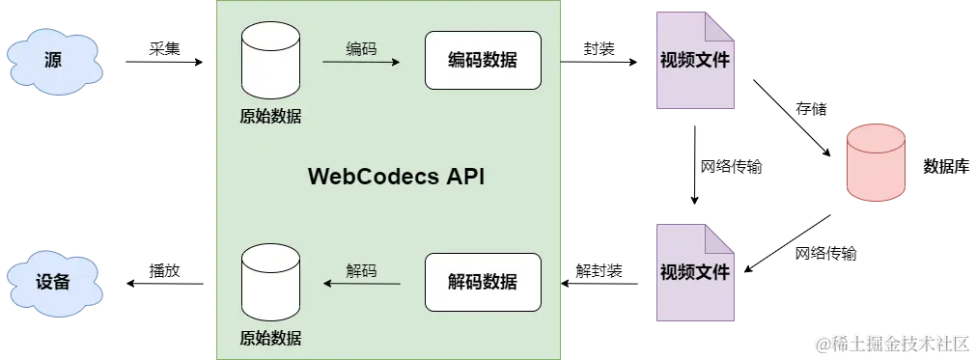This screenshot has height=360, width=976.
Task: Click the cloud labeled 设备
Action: [55, 282]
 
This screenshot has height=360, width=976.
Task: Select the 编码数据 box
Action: [483, 61]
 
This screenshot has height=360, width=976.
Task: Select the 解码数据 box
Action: [483, 282]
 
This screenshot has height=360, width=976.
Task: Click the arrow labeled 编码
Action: [360, 63]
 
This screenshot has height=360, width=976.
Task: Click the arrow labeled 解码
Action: [360, 283]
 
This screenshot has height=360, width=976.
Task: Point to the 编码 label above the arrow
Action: [361, 48]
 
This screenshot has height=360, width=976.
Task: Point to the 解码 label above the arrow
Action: [361, 270]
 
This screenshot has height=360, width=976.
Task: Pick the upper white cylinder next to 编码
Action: [270, 60]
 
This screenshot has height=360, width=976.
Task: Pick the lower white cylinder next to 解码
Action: [270, 282]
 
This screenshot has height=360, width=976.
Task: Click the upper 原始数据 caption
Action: [270, 117]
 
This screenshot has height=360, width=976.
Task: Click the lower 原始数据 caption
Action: [270, 338]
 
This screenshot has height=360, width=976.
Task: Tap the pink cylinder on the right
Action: [875, 162]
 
